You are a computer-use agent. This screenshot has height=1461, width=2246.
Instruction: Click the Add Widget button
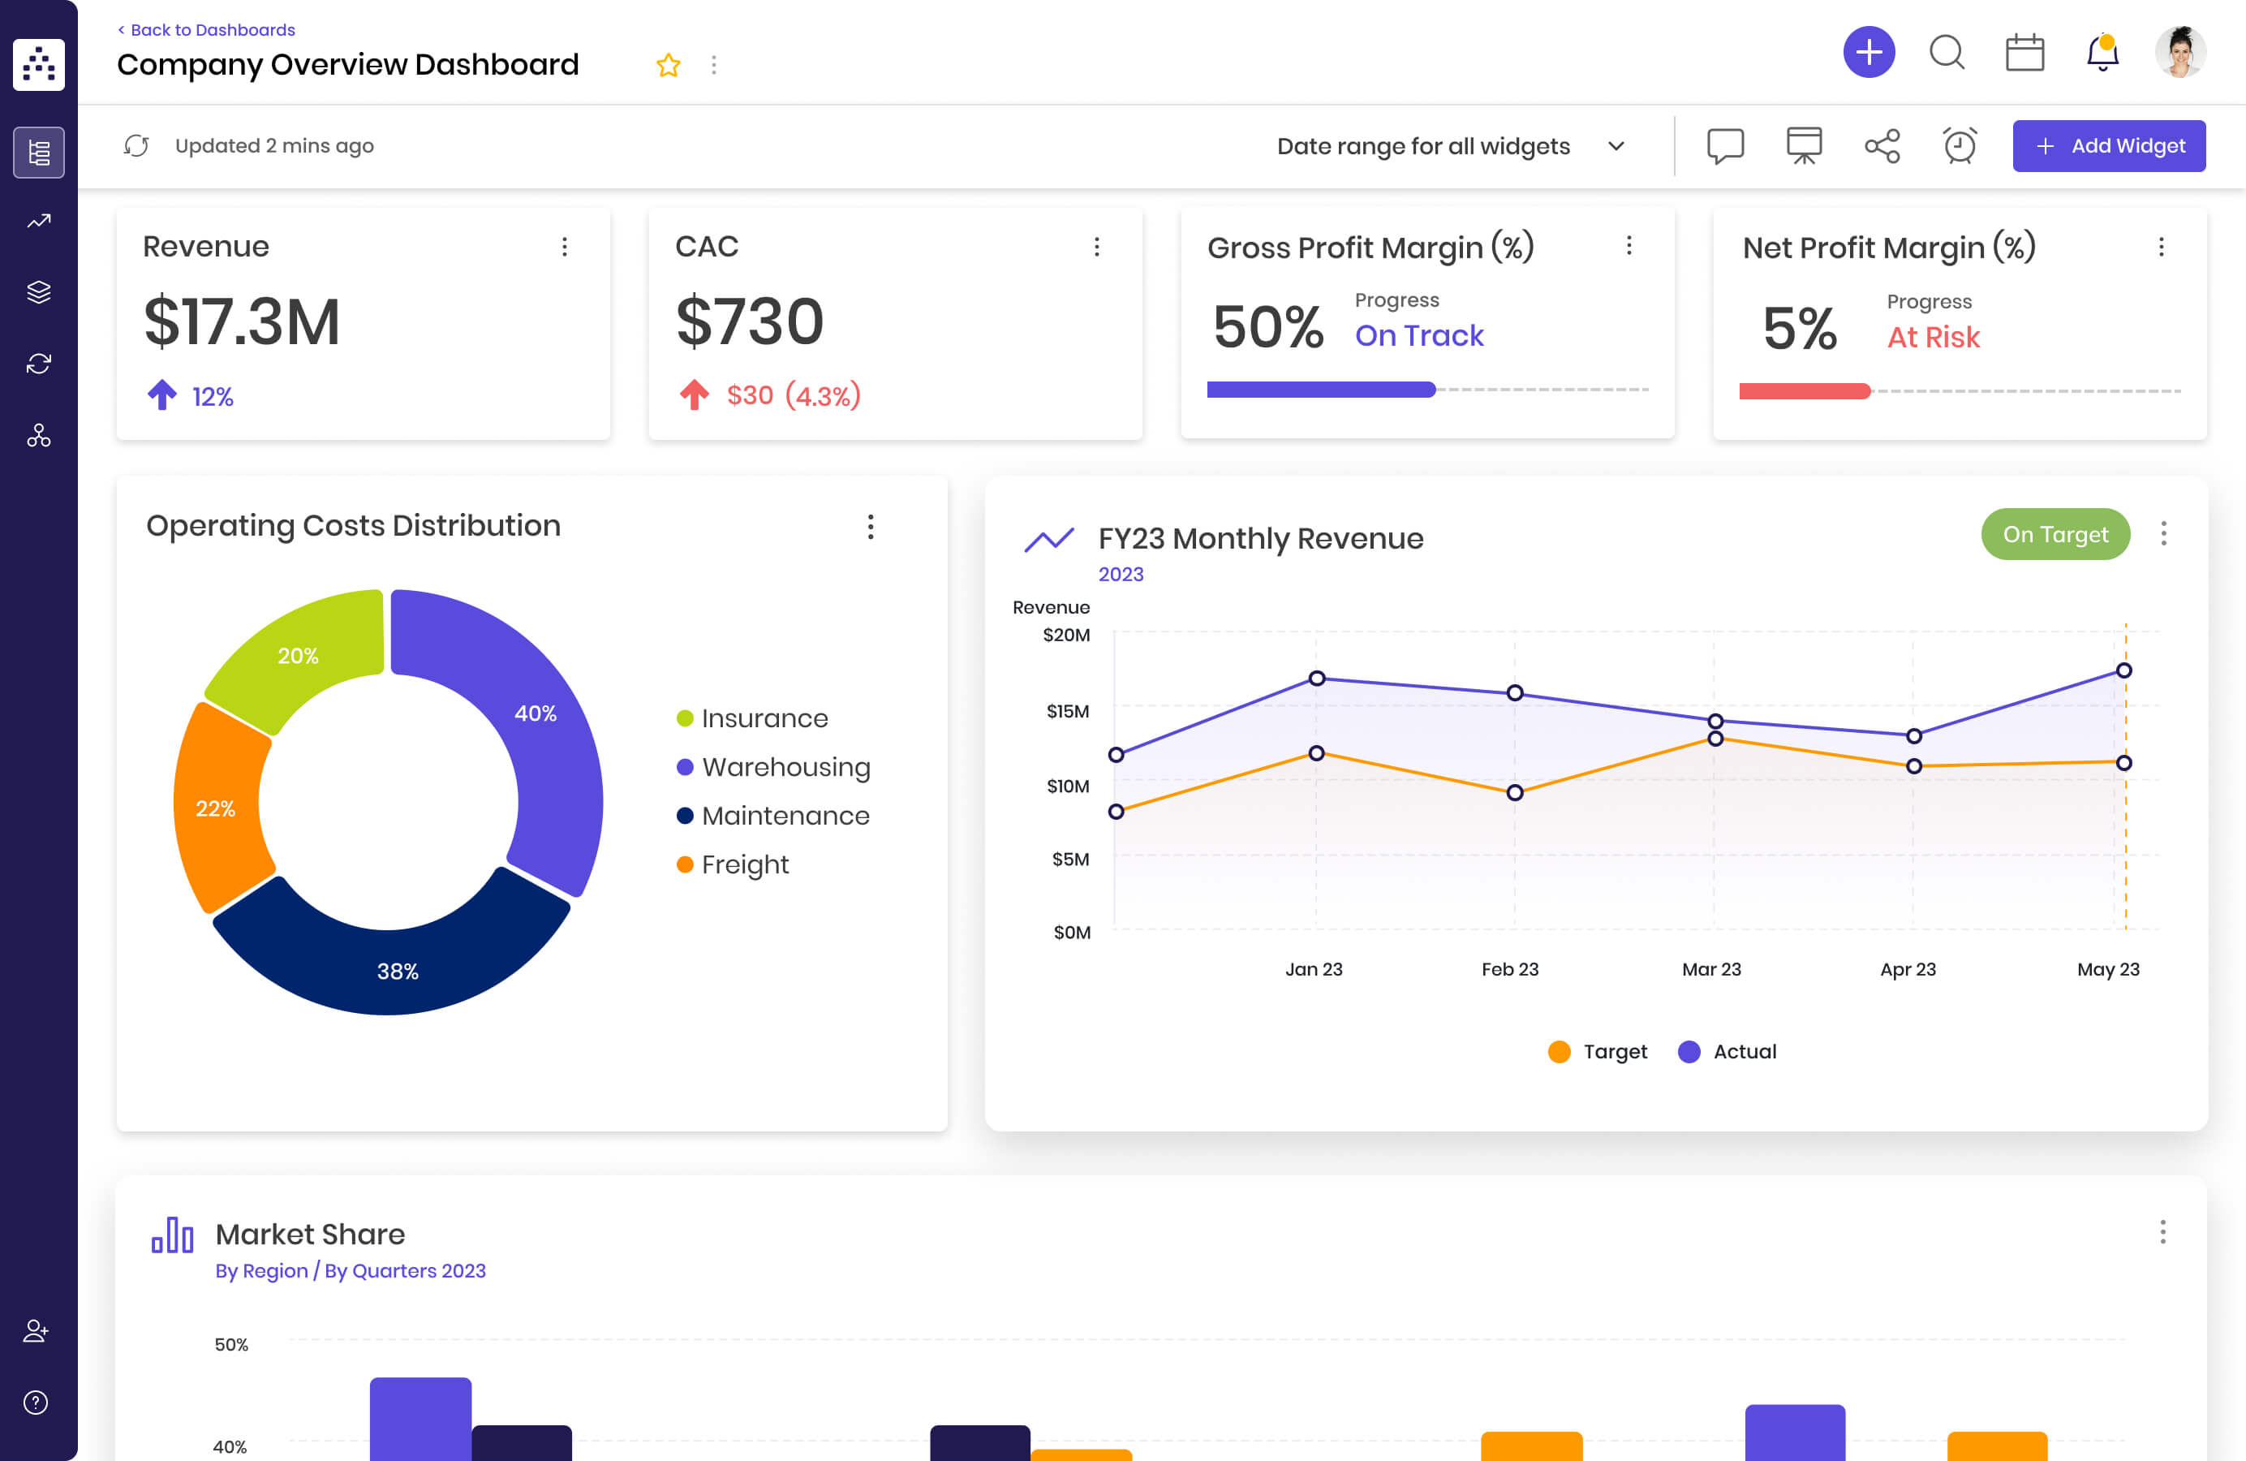click(x=2108, y=146)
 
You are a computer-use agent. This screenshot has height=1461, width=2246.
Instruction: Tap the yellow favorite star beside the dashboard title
click(x=668, y=65)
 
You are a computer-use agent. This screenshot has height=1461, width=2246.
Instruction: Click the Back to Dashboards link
click(x=207, y=30)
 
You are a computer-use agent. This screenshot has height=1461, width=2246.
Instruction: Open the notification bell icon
click(x=2102, y=53)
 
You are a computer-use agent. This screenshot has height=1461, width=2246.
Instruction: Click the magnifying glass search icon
click(x=1946, y=53)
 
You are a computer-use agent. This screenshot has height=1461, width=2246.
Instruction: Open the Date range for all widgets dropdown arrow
click(x=1616, y=146)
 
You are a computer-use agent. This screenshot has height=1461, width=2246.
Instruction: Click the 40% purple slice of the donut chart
click(x=538, y=718)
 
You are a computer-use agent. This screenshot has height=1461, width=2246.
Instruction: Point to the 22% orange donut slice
click(x=217, y=807)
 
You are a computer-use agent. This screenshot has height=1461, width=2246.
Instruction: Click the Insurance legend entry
click(x=764, y=718)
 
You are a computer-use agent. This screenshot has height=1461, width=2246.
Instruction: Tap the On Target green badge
click(x=2055, y=534)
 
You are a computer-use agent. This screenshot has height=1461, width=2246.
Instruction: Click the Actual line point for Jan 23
click(x=1316, y=679)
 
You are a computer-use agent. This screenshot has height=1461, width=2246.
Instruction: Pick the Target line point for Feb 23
click(x=1515, y=793)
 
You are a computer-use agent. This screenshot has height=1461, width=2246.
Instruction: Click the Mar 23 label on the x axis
click(x=1711, y=969)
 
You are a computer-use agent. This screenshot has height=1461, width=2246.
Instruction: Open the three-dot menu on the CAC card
click(x=1096, y=248)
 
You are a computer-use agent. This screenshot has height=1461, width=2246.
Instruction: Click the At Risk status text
click(x=1933, y=337)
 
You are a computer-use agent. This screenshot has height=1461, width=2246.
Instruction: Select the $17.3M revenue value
click(x=242, y=322)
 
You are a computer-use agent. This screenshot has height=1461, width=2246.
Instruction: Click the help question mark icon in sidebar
click(x=36, y=1403)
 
